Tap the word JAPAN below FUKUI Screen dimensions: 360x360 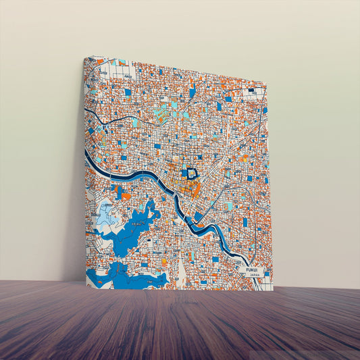pos(254,276)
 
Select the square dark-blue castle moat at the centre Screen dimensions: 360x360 pos(192,174)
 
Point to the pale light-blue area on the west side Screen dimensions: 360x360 pos(107,215)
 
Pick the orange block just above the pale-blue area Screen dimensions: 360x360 pos(126,197)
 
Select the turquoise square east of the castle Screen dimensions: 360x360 pos(230,206)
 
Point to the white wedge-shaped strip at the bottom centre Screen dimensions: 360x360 pos(180,274)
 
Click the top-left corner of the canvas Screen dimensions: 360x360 pos(84,57)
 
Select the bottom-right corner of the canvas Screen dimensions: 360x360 pos(272,290)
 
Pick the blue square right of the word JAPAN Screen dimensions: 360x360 pos(267,274)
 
